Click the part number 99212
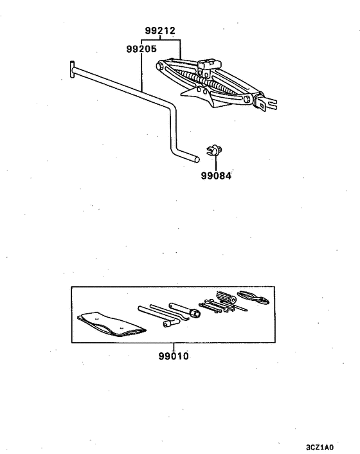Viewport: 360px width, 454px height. pyautogui.click(x=160, y=30)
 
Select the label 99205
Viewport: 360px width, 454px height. pyautogui.click(x=141, y=49)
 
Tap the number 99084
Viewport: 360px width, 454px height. pyautogui.click(x=216, y=176)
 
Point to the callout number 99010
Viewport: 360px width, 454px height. pyautogui.click(x=174, y=356)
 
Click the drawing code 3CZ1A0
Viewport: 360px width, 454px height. pyautogui.click(x=319, y=448)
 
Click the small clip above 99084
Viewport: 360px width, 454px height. pyautogui.click(x=215, y=150)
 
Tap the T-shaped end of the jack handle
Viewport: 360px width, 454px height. pyautogui.click(x=72, y=69)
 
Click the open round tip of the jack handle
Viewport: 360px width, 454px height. pyautogui.click(x=197, y=159)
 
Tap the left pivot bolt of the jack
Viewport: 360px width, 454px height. pyautogui.click(x=159, y=66)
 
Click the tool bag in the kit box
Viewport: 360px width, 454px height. pyautogui.click(x=112, y=324)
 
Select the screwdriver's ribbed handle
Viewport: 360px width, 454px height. pyautogui.click(x=226, y=297)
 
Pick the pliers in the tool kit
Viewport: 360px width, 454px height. pyautogui.click(x=253, y=298)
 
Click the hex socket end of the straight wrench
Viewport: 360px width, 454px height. pyautogui.click(x=195, y=314)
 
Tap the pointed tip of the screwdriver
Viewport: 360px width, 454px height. pyautogui.click(x=247, y=310)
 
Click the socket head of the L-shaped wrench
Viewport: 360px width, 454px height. pyautogui.click(x=166, y=323)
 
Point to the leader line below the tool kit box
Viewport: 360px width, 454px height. pyautogui.click(x=174, y=347)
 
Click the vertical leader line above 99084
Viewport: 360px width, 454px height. pyautogui.click(x=216, y=163)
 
